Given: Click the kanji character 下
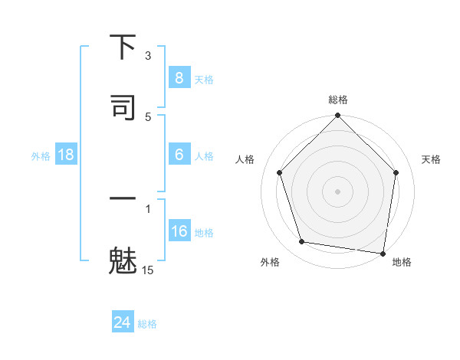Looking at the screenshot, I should pyautogui.click(x=123, y=48).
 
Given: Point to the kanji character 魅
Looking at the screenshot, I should pyautogui.click(x=123, y=260).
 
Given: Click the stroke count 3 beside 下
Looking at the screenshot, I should pyautogui.click(x=148, y=56).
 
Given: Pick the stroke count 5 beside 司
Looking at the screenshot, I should pyautogui.click(x=148, y=116).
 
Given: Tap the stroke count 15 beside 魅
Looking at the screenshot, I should pyautogui.click(x=148, y=270).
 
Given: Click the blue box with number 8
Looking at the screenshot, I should pyautogui.click(x=179, y=77).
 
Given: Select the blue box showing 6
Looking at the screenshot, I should pyautogui.click(x=179, y=155).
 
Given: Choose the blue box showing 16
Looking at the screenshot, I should pyautogui.click(x=179, y=231).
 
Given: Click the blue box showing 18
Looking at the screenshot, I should pyautogui.click(x=66, y=155).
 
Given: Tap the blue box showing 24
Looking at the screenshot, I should pyautogui.click(x=123, y=322).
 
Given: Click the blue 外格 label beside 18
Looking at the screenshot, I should pyautogui.click(x=41, y=156).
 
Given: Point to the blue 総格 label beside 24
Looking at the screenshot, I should pyautogui.click(x=147, y=324).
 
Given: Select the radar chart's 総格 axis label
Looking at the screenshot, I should pyautogui.click(x=338, y=100).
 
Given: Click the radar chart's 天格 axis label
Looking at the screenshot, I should pyautogui.click(x=431, y=159).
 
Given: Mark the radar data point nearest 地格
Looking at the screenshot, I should pyautogui.click(x=383, y=252).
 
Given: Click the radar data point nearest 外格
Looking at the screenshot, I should pyautogui.click(x=302, y=242).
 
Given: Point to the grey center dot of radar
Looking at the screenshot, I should pyautogui.click(x=338, y=191).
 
